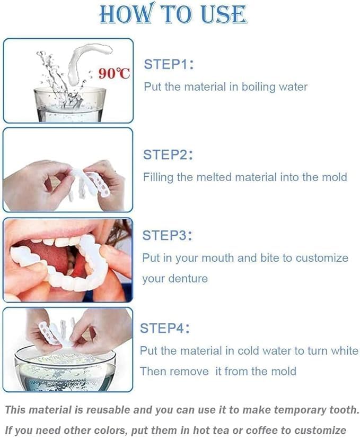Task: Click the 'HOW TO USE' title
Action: [173, 14]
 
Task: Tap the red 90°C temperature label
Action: [114, 74]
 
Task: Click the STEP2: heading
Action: [168, 155]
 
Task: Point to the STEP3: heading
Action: [167, 235]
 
